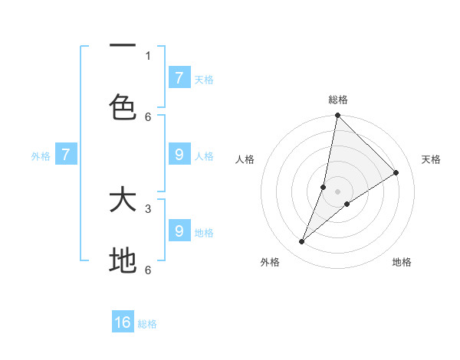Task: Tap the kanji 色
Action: pos(123,107)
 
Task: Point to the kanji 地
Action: pos(123,261)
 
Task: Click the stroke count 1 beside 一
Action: pos(148,55)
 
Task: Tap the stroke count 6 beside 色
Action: pos(148,116)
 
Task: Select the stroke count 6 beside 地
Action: pos(148,270)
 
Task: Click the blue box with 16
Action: pos(123,322)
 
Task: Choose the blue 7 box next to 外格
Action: pos(66,155)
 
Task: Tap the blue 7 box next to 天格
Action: pos(179,77)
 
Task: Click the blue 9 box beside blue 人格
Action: pos(179,154)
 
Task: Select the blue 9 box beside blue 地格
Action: pos(179,231)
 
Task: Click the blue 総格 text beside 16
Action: pos(147,324)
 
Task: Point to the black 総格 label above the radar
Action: pos(338,100)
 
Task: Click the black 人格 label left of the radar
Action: pos(245,159)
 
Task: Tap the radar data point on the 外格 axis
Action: pos(302,242)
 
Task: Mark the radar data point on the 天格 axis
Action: pos(396,172)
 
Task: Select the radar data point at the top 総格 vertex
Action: pos(337,115)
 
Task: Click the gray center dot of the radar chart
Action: pos(337,191)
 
